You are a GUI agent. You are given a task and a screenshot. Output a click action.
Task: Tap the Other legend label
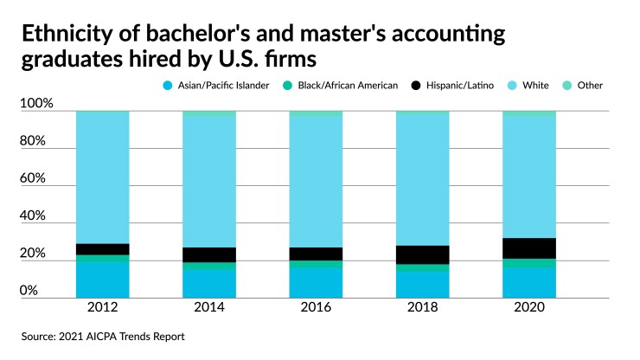(591, 86)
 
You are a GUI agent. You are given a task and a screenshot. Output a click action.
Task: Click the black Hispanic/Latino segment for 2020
(529, 247)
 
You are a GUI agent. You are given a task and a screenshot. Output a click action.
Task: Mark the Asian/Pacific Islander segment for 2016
(317, 282)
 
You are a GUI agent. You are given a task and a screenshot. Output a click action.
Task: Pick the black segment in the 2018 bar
(422, 254)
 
